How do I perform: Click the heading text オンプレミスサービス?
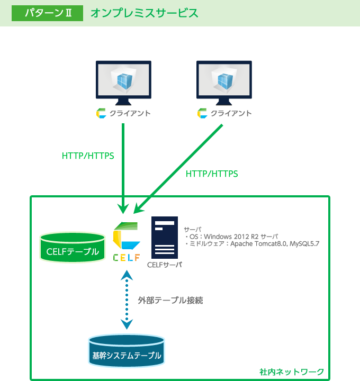[145, 13]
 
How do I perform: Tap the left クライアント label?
[130, 113]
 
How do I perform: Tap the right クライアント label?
[231, 113]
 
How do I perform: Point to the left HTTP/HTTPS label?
[88, 156]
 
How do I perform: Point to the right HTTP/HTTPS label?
[212, 174]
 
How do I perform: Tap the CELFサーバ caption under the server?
[164, 265]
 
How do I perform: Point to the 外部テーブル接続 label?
[170, 300]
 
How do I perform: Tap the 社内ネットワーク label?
[292, 371]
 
